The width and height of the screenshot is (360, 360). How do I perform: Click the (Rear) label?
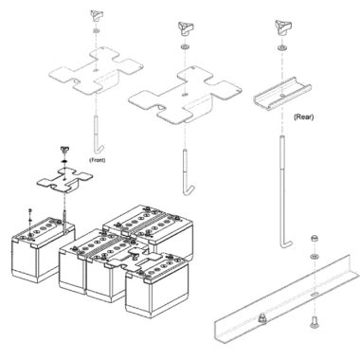point(303,117)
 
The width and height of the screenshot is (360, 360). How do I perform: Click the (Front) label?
point(98,160)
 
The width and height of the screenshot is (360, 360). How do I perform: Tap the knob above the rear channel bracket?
point(282,28)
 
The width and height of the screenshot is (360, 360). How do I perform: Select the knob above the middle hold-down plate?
point(186,29)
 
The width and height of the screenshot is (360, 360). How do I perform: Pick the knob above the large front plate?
point(97,16)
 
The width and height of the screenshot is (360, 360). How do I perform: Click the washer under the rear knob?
point(281,48)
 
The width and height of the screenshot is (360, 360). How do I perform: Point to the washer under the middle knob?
point(185,47)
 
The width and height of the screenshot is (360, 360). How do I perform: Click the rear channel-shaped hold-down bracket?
point(282,94)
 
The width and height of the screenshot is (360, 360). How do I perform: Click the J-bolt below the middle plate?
point(187,172)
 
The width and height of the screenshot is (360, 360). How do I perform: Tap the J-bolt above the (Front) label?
point(97,134)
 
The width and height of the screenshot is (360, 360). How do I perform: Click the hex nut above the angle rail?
point(314,239)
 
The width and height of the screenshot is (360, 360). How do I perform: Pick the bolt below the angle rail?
point(314,322)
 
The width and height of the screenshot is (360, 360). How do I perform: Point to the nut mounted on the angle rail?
point(261,317)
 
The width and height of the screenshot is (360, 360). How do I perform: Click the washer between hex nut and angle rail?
point(314,256)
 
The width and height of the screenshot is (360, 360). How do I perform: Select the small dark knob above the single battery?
point(64,150)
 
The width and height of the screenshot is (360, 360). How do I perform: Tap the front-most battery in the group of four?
point(157,287)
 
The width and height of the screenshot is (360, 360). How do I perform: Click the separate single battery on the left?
point(44,250)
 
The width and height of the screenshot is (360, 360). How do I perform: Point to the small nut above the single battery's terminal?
point(30,210)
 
